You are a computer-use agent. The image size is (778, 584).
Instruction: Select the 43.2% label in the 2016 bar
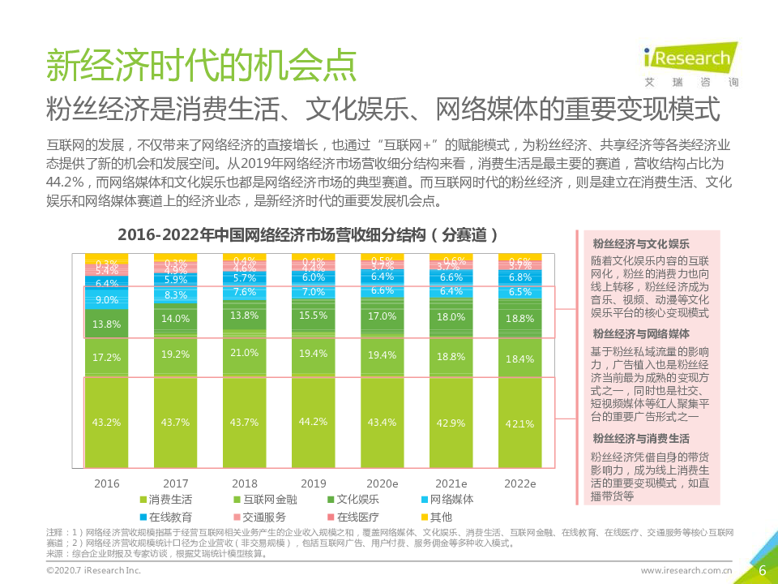106,422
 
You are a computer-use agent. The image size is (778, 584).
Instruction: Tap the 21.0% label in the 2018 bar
244,353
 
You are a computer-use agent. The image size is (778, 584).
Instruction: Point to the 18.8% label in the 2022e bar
519,320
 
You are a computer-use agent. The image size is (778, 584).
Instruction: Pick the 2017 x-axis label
176,483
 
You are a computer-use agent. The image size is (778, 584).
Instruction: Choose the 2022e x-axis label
520,483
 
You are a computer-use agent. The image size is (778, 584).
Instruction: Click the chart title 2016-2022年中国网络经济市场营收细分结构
308,235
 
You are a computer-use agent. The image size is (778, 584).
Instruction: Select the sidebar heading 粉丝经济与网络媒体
641,334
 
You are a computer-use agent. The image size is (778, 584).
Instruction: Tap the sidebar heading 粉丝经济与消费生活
641,439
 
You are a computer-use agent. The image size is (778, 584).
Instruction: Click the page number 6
762,570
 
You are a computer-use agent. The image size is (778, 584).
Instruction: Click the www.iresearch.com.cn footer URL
686,571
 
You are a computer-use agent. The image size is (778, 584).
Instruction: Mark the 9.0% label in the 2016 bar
106,299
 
